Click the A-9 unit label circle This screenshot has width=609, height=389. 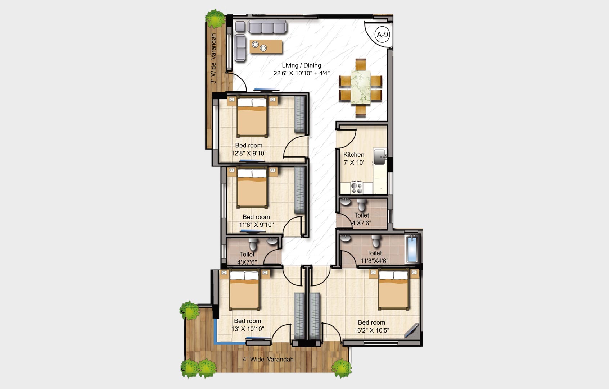tap(382, 35)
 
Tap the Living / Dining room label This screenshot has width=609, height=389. tap(301, 65)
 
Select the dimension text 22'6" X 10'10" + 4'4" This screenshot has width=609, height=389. tap(301, 73)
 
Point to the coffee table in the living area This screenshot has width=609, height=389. tap(266, 46)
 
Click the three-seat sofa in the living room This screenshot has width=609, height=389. tap(267, 27)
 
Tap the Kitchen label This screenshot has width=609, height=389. tap(353, 155)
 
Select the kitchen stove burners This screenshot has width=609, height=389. tap(357, 187)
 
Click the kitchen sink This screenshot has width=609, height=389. tap(380, 156)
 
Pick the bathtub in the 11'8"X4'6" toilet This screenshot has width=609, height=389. tap(412, 248)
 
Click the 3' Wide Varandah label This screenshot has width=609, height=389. tap(213, 59)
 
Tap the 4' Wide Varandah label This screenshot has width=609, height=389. tap(268, 359)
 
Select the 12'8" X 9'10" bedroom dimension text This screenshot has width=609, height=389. tap(249, 154)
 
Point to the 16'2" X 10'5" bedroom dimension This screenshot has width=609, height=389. tap(371, 330)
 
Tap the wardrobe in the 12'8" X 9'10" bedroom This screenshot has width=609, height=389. tap(300, 115)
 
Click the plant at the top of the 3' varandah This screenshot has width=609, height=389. tap(215, 18)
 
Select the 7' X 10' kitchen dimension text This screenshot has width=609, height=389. tap(353, 163)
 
